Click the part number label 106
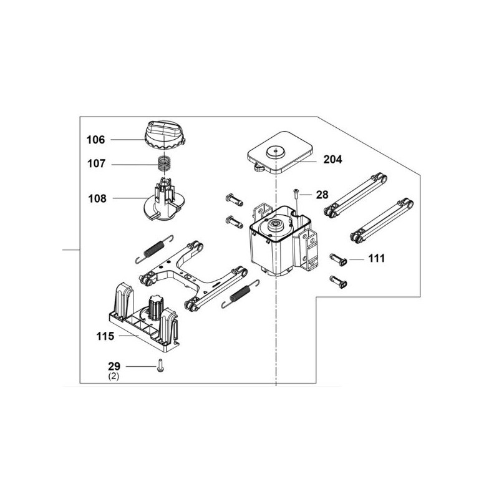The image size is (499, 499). click(x=96, y=140)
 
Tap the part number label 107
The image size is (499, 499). click(x=96, y=165)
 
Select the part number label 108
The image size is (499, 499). click(x=96, y=199)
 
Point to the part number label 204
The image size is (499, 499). click(x=333, y=160)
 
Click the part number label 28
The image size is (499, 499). click(x=322, y=195)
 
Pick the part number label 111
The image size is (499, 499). click(x=377, y=258)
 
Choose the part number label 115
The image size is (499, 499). click(x=105, y=336)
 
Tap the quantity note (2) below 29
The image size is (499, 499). click(x=113, y=376)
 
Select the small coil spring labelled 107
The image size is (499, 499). click(x=163, y=166)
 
